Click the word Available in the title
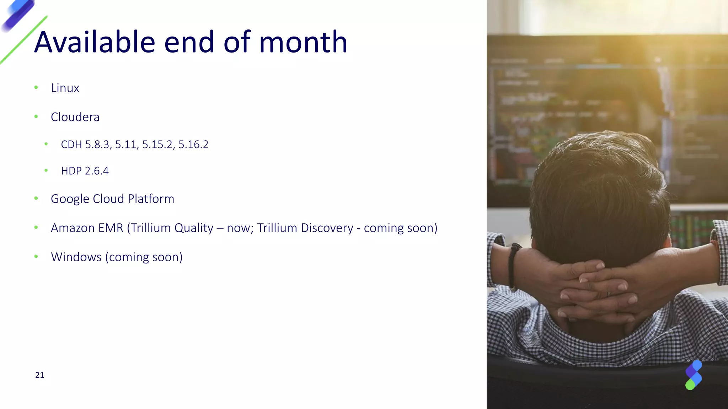pos(95,42)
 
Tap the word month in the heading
pos(303,42)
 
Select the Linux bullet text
pos(65,88)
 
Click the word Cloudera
pos(75,117)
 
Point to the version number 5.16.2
pos(193,144)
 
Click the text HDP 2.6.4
pos(85,171)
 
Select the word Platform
pos(151,199)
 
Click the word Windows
pos(76,257)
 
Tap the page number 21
pos(39,375)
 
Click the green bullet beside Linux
pos(36,87)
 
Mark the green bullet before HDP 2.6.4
pos(46,170)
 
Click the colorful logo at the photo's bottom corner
pos(693,375)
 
